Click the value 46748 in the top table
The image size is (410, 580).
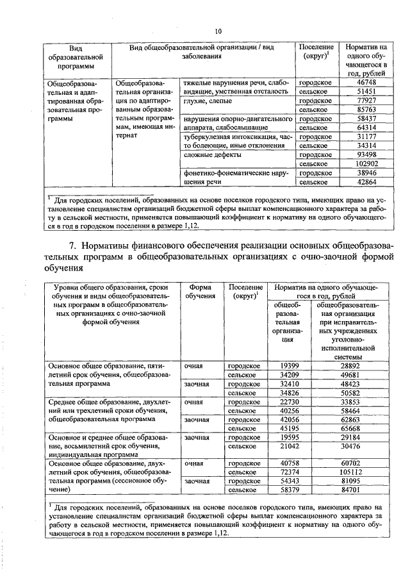366,83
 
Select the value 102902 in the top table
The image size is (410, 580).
366,164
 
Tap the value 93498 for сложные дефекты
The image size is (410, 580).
366,155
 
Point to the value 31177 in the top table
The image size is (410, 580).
366,137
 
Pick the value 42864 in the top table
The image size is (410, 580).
366,182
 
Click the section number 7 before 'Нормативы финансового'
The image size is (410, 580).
72,245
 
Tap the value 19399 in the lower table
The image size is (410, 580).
290,365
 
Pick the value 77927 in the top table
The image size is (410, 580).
366,101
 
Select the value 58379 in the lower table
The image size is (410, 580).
290,490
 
